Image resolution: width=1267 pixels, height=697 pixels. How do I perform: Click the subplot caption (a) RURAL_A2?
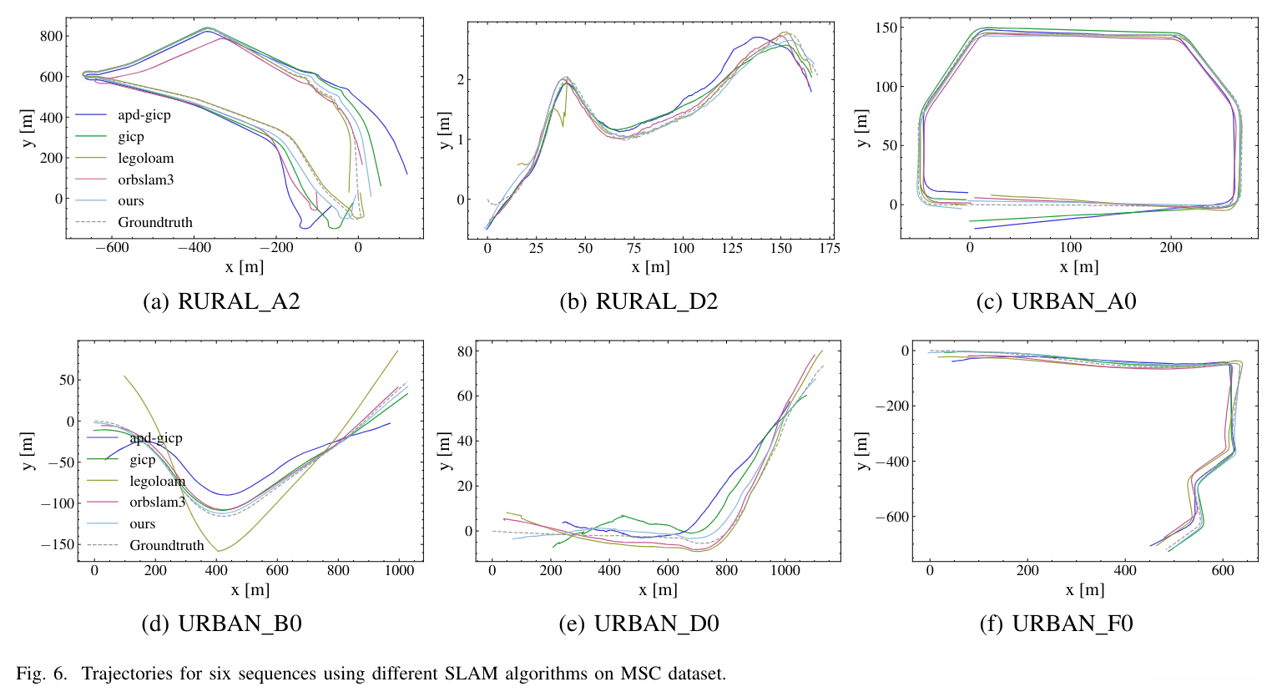[x=221, y=301]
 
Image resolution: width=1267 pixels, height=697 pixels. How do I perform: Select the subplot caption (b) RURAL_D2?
[x=639, y=301]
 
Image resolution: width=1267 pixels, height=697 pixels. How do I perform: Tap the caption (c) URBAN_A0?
[x=1056, y=301]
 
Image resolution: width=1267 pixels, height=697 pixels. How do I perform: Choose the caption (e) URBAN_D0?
[x=639, y=624]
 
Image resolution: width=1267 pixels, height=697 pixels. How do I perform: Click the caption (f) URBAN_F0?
[x=1056, y=624]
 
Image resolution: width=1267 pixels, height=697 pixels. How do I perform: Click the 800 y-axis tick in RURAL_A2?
[x=52, y=36]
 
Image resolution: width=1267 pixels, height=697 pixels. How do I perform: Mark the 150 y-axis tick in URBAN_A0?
[x=886, y=28]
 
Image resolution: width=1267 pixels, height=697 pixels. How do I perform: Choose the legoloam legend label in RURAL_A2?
[x=145, y=158]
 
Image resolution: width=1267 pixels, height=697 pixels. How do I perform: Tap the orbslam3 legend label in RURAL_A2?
[x=145, y=179]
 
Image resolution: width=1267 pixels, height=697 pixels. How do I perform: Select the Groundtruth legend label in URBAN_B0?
[x=166, y=545]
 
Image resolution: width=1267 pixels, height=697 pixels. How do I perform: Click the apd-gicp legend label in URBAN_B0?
[x=155, y=437]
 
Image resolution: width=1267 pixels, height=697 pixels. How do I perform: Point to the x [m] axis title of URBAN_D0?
[x=659, y=589]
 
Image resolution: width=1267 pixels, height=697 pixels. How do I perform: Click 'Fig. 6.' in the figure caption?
[x=42, y=674]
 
